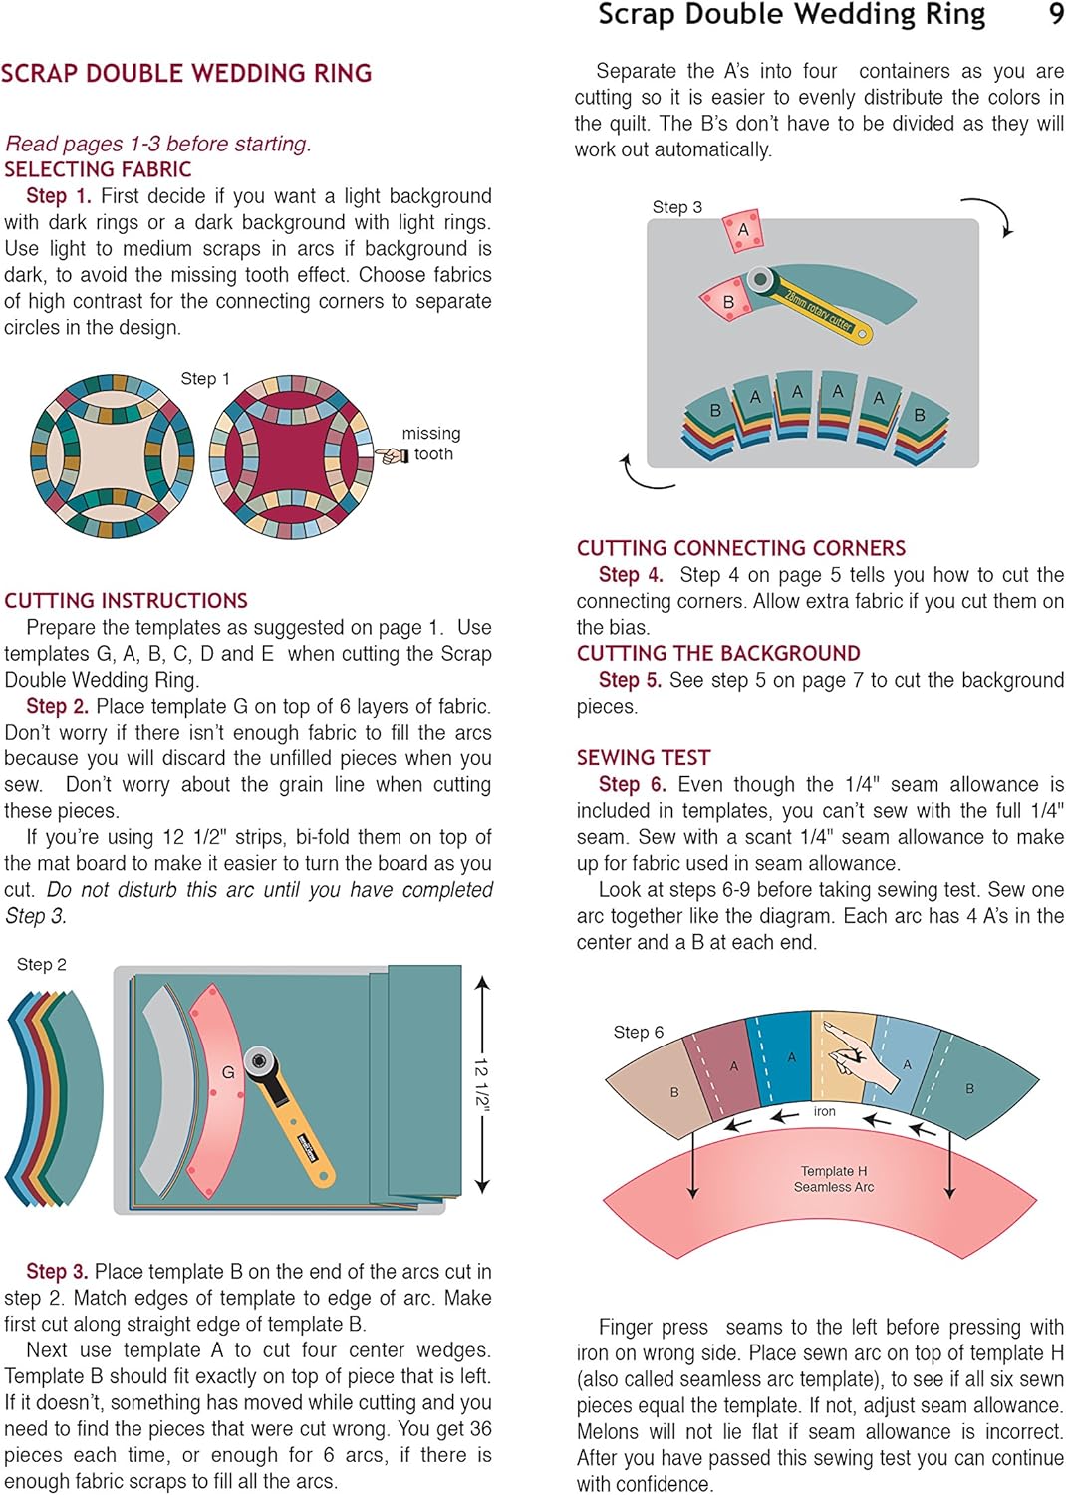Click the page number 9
pos(1055,15)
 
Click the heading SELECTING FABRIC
pos(98,169)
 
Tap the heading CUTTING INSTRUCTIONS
pos(126,600)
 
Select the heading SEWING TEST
pos(644,757)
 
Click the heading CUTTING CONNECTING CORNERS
pos(741,548)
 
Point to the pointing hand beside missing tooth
pos(392,455)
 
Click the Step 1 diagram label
pos(205,379)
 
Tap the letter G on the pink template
pos(228,1072)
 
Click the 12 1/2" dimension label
pos(482,1083)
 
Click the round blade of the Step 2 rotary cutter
pos(260,1060)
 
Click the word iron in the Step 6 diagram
pos(824,1111)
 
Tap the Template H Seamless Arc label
pos(834,1179)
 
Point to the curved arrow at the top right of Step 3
pos(991,214)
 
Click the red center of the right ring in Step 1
pos(289,455)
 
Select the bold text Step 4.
pos(630,575)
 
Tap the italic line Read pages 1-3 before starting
pos(158,144)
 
